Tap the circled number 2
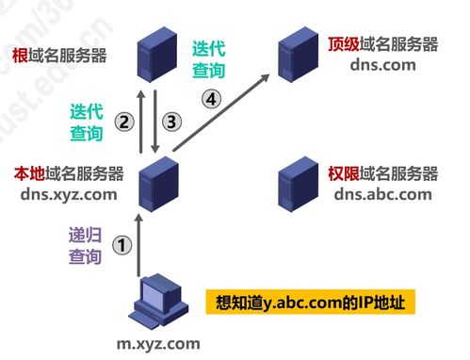pos(122,121)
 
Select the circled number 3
pos(170,121)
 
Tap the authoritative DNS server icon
pos(296,182)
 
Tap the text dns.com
pos(381,64)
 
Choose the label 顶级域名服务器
pos(381,43)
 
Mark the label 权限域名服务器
pos(381,174)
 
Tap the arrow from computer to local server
pos(139,247)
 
